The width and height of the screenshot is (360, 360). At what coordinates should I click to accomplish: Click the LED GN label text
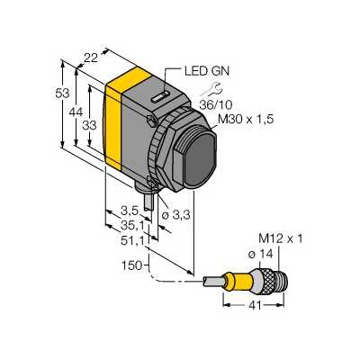coord(207,71)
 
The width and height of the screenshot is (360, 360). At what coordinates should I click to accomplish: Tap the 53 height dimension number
coord(62,94)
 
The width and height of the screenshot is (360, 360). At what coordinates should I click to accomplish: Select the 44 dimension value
coord(76,112)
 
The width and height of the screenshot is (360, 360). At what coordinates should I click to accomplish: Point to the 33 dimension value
coord(89,125)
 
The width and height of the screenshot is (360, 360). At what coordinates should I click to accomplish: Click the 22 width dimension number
coord(91,58)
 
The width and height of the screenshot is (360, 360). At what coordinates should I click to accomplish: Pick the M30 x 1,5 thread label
coord(246,120)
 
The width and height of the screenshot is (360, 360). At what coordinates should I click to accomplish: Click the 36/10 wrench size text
coord(216,104)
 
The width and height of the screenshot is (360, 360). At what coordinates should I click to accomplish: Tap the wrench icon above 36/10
coord(211,89)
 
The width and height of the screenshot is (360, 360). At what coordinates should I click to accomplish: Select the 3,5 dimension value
coord(130,211)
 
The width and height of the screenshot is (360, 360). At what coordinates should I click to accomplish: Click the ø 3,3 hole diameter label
coord(175,215)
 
